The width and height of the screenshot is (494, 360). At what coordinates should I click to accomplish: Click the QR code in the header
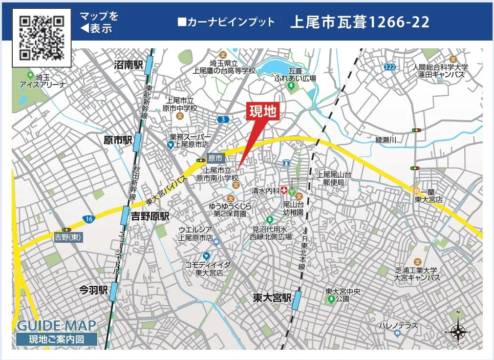(42, 37)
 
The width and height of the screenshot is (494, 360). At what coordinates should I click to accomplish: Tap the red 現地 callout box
(263, 111)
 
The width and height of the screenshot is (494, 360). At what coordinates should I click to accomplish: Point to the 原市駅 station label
(118, 141)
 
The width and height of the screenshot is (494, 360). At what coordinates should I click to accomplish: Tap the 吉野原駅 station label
(150, 216)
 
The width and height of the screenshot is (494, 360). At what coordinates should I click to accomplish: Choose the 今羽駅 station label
(93, 290)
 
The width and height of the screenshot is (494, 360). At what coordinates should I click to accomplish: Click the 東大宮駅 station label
(272, 297)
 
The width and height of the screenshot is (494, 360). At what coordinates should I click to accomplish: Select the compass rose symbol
(458, 332)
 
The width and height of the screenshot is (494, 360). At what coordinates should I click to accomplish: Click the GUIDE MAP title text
(57, 325)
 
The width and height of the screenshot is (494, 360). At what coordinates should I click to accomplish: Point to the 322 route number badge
(389, 67)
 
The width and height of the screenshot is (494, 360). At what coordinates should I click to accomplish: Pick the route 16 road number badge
(88, 218)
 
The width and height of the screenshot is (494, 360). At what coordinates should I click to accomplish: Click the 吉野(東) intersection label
(68, 237)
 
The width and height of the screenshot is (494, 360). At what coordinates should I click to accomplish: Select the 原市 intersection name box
(215, 158)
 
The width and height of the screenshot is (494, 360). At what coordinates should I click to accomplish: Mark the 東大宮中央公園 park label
(343, 295)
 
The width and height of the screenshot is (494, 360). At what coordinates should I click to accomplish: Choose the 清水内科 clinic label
(265, 191)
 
